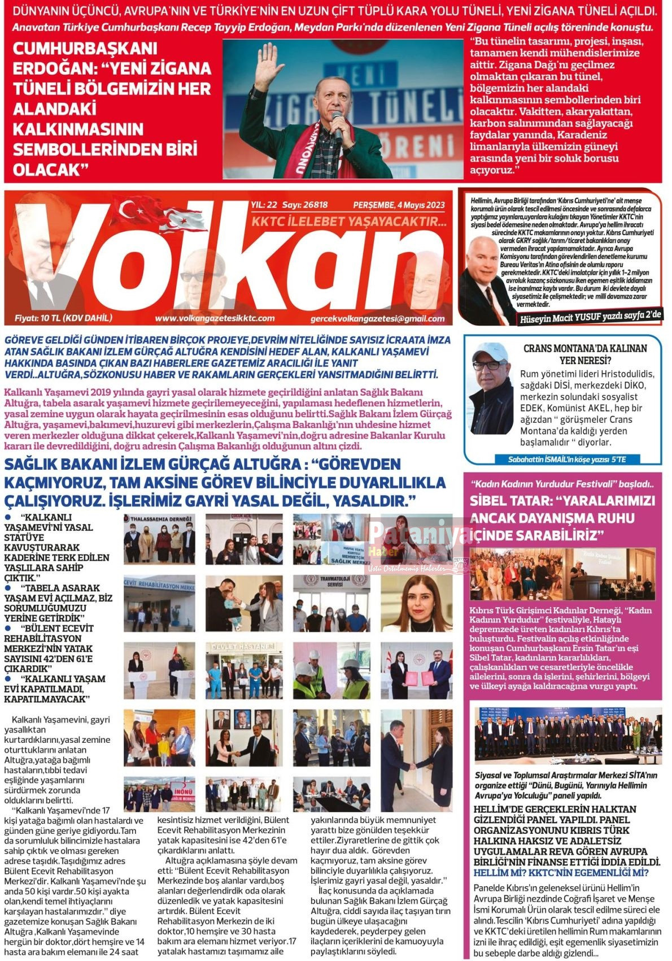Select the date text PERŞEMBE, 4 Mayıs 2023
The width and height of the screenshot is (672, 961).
pos(399,205)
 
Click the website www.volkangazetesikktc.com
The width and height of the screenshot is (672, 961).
pos(215,318)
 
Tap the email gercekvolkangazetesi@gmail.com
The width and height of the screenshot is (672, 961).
pos(377,319)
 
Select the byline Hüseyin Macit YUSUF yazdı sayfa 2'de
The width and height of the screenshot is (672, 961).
pos(591,317)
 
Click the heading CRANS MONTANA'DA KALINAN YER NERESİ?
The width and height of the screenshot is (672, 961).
pos(584,354)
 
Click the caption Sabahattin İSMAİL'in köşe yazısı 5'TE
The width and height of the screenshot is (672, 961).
pos(566,460)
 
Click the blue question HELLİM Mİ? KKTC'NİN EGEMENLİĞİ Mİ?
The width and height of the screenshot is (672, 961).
pos(561,873)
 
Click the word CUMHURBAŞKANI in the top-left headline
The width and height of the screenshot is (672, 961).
pos(85,49)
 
